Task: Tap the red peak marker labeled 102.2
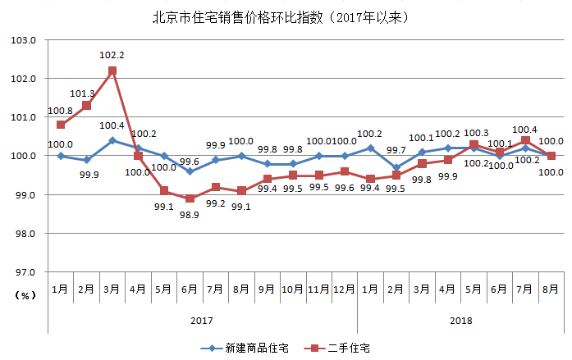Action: [x=112, y=71]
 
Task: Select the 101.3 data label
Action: [x=86, y=93]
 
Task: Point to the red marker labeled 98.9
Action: [x=190, y=198]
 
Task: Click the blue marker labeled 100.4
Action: [x=112, y=140]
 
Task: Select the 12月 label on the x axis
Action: [x=344, y=289]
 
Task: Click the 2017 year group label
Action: [x=203, y=320]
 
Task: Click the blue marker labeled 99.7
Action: [x=396, y=167]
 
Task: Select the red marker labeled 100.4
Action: [x=525, y=140]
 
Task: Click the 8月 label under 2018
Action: [x=551, y=289]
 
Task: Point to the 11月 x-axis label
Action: [x=318, y=289]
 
